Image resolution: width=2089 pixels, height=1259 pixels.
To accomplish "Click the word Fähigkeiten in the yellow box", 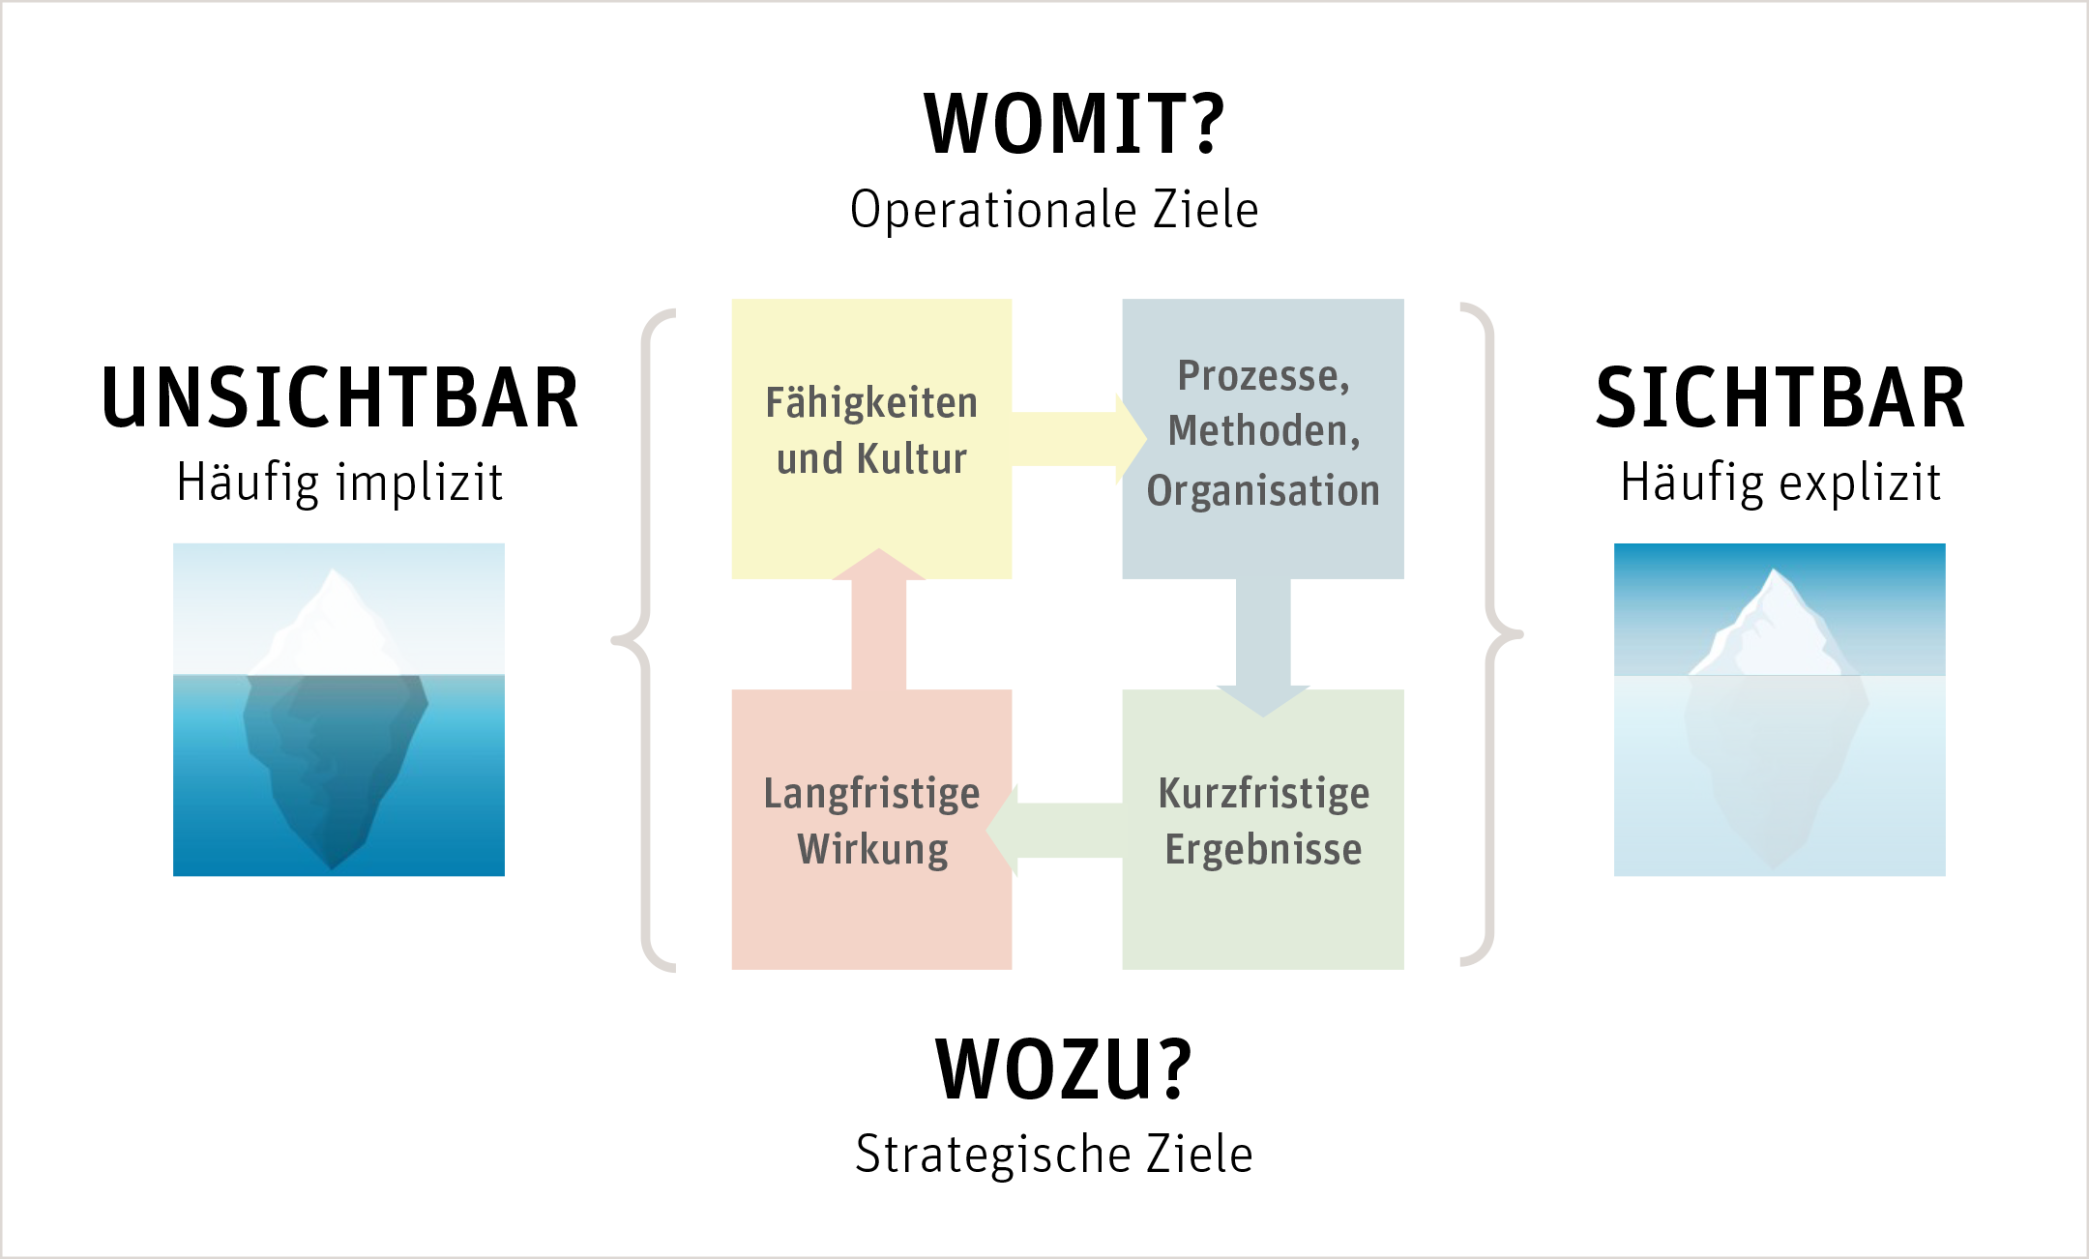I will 871,403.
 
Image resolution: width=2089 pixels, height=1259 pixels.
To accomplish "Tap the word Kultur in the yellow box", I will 912,459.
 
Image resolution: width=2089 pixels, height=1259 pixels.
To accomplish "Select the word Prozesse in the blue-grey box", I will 1257,376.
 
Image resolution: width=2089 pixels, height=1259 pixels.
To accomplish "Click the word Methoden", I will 1258,431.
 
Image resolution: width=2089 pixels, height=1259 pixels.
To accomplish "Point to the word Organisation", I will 1263,491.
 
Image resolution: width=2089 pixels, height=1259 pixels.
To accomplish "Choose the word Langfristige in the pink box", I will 871,794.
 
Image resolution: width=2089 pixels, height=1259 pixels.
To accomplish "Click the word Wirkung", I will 872,850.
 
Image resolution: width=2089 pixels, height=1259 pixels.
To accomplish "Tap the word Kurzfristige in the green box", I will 1263,794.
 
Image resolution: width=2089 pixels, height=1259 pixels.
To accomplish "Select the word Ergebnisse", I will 1263,850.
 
